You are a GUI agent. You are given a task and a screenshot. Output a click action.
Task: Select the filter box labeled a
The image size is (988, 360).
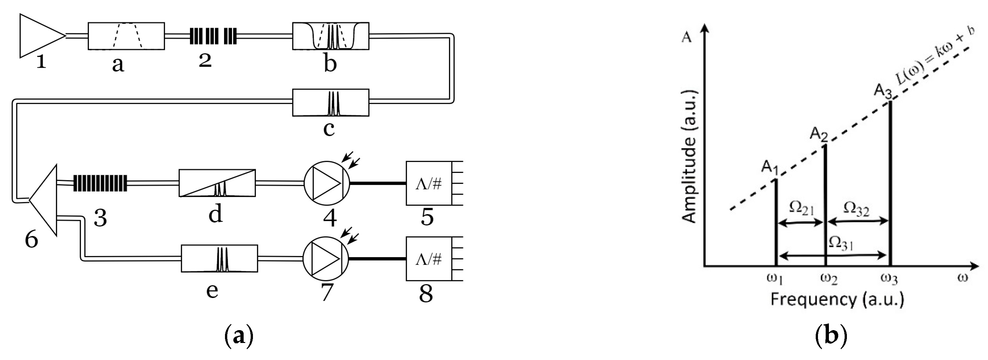(126, 36)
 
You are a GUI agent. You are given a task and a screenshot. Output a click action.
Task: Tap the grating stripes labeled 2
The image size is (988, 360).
(213, 36)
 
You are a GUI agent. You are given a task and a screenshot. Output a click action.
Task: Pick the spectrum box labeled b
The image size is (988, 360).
(331, 36)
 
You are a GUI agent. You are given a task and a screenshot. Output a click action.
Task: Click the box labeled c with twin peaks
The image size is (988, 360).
(331, 103)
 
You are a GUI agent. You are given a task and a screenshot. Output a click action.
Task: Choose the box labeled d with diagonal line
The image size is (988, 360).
(217, 183)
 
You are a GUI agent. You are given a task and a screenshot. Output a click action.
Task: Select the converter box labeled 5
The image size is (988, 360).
(429, 183)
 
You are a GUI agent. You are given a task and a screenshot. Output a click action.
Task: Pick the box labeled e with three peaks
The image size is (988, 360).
(220, 259)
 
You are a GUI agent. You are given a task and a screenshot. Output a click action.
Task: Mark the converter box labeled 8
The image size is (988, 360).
(429, 259)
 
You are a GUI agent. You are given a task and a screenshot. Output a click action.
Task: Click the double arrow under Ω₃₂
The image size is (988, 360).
(858, 221)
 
